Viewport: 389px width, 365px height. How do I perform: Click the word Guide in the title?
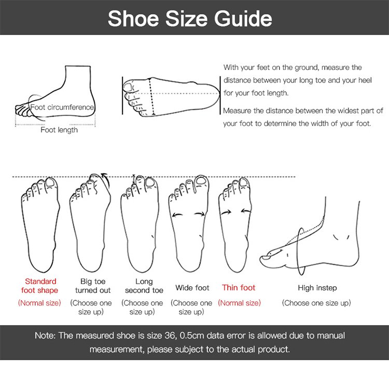(x=243, y=19)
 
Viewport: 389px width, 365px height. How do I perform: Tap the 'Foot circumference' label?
(x=62, y=107)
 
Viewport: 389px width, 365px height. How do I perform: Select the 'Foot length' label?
(x=59, y=130)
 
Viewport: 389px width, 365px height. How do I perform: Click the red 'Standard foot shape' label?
(x=40, y=286)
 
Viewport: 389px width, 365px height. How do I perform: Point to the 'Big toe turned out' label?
(x=93, y=286)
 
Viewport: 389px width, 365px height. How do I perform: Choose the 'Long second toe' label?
(x=144, y=286)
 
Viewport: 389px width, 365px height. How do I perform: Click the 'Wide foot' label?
(x=192, y=288)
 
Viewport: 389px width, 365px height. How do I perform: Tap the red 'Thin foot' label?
(x=239, y=288)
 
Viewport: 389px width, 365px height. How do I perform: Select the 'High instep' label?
(x=317, y=288)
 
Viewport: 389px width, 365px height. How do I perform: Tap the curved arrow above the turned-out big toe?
(x=106, y=180)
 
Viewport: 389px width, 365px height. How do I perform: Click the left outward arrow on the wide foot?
(x=177, y=215)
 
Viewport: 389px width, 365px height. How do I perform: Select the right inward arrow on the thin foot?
(x=246, y=211)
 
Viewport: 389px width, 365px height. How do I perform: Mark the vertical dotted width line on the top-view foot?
(x=151, y=96)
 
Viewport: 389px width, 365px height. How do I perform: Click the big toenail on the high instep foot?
(x=267, y=257)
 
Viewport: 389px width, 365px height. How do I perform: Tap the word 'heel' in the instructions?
(x=364, y=80)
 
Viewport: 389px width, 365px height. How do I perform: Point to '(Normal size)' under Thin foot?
(x=240, y=303)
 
